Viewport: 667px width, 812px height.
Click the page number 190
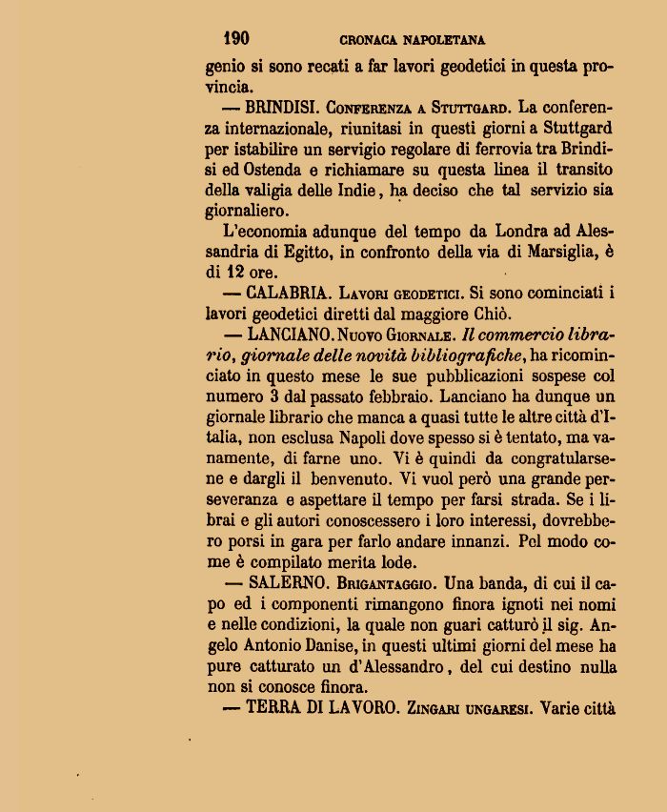(235, 38)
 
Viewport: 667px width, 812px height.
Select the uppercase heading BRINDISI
(281, 107)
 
